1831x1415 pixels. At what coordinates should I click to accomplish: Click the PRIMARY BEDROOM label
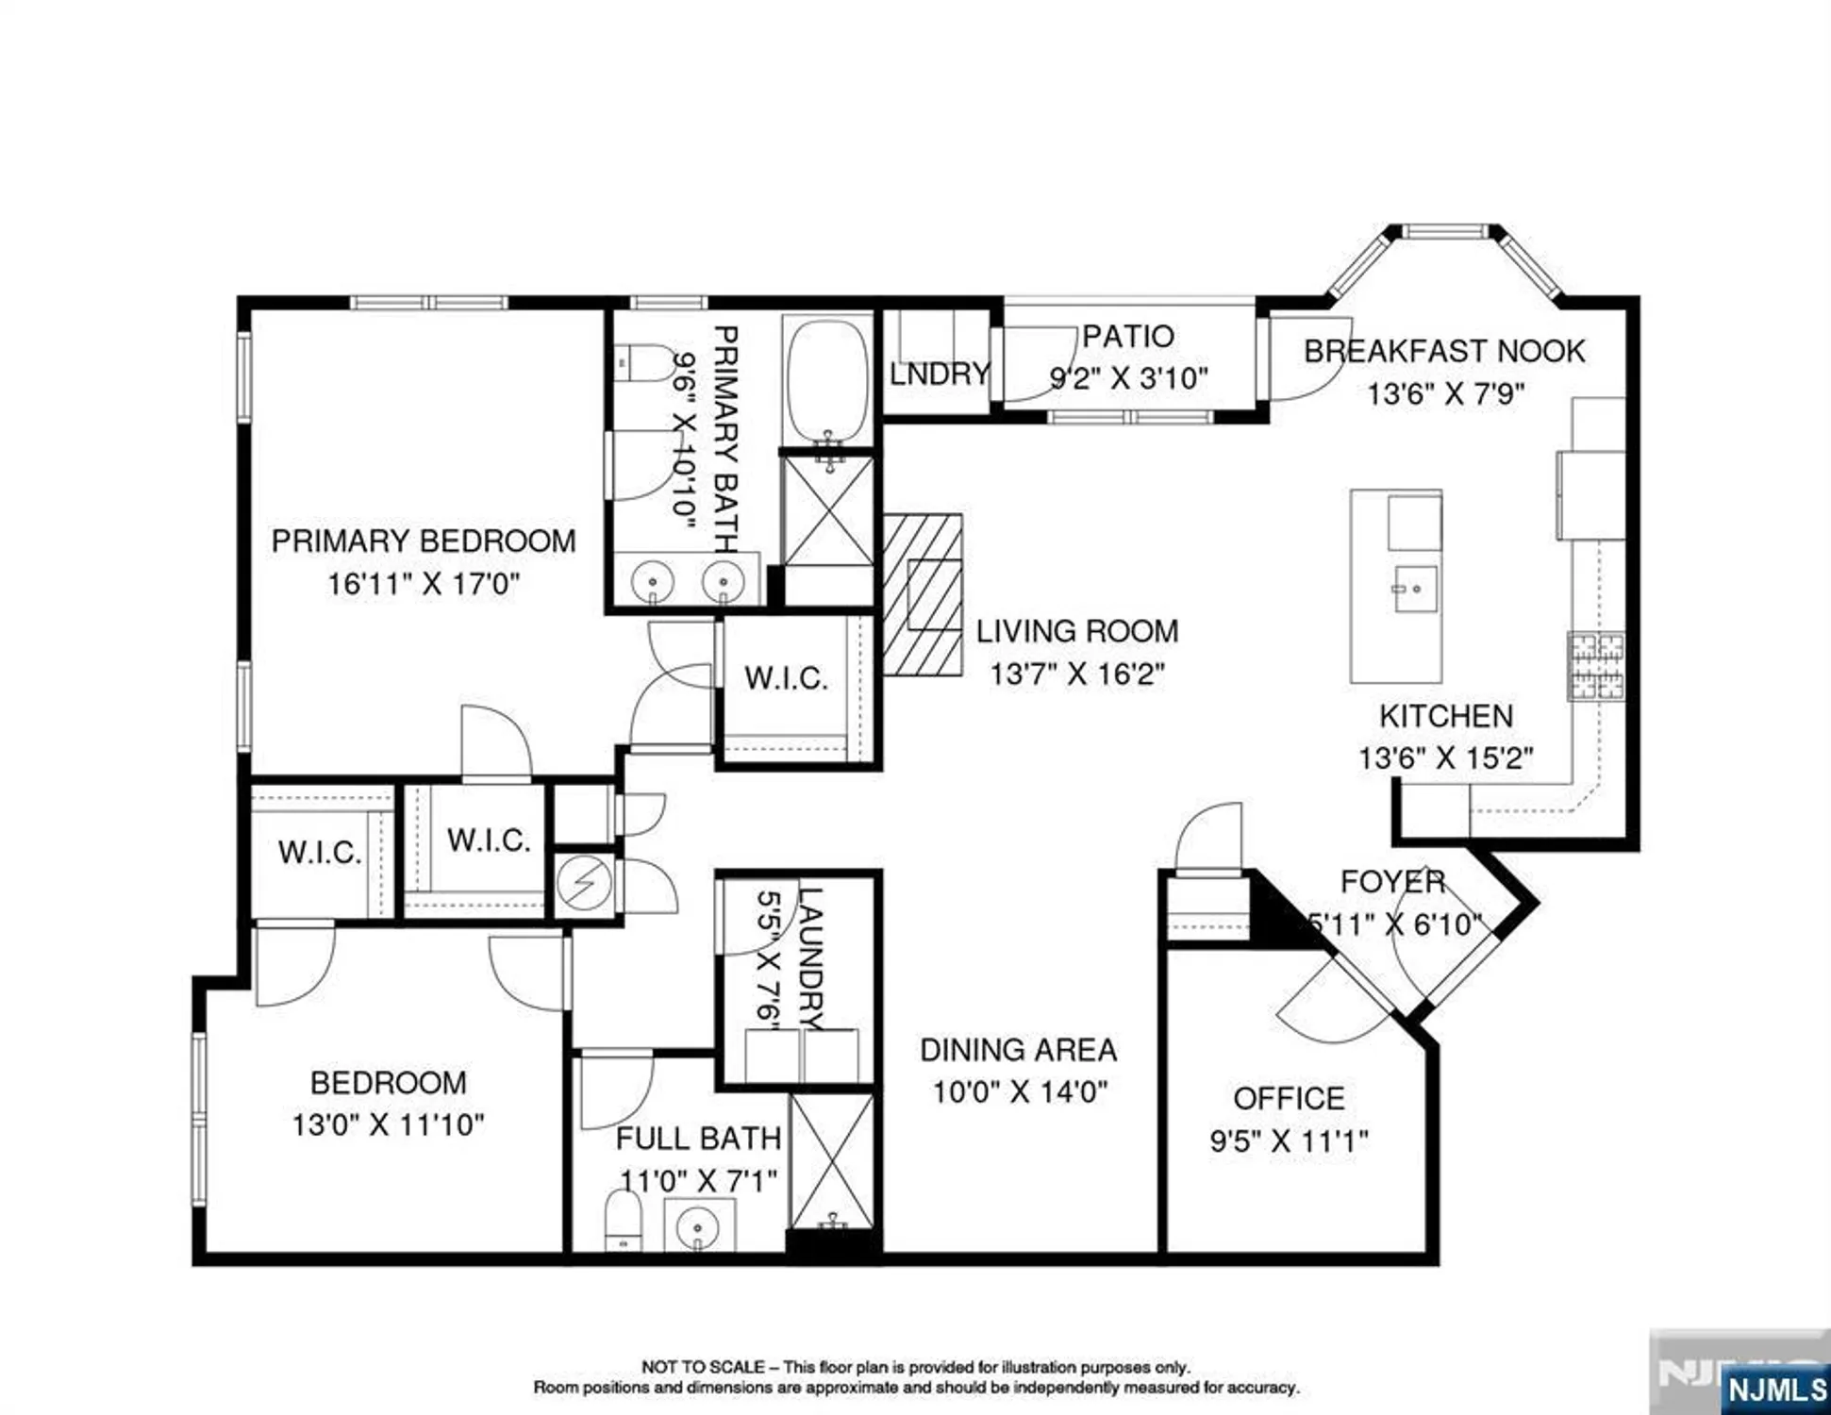tap(424, 541)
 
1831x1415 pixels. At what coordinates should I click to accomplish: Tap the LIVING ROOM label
tap(1077, 631)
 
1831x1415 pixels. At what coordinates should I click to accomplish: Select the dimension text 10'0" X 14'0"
tap(1020, 1092)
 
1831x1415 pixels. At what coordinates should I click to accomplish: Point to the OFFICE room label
tap(1289, 1098)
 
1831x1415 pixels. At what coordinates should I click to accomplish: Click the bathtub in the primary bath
tap(827, 378)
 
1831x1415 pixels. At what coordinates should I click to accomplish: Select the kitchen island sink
tap(1415, 589)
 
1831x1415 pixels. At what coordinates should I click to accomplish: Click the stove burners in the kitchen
tap(1596, 666)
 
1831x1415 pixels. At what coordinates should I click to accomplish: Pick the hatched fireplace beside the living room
tap(923, 594)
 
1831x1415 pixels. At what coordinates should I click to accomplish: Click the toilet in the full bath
tap(623, 1220)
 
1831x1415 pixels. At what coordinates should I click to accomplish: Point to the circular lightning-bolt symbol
tap(584, 885)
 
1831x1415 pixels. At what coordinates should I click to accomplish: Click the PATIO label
tap(1127, 336)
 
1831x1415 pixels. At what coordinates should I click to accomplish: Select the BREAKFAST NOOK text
tap(1444, 351)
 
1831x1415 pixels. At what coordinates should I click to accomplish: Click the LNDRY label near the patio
tap(940, 374)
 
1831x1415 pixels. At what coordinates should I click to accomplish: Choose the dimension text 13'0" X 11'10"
tap(388, 1124)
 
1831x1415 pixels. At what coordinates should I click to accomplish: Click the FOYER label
tap(1392, 882)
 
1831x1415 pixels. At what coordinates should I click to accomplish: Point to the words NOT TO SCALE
tap(703, 1367)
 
